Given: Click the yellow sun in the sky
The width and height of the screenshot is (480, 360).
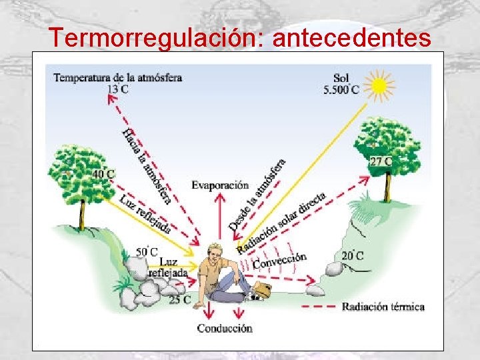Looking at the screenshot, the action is [379, 86].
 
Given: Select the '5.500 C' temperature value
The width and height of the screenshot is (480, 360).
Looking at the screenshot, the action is [341, 89].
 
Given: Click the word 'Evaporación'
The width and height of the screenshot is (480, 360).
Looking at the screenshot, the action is [219, 185].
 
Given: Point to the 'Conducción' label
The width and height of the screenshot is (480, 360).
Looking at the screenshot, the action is [224, 328].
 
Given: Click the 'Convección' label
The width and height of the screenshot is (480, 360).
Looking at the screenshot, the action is [279, 261].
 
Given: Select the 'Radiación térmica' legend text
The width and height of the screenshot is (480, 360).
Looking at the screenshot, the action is [383, 307].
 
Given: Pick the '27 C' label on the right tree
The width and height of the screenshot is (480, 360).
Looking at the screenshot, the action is [380, 161].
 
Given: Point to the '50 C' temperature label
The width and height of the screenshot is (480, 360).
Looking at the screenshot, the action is [146, 251].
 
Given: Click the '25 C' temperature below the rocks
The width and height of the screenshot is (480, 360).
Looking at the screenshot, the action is [179, 299].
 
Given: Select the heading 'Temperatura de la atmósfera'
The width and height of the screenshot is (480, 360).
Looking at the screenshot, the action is [117, 77].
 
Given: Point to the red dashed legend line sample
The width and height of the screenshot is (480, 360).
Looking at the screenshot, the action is [319, 307].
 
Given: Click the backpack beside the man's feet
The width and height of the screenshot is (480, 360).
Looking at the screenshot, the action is [262, 290].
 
